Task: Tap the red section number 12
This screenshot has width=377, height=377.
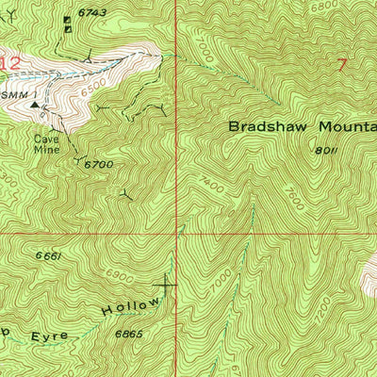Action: tap(9, 63)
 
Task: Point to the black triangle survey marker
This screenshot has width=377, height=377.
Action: tap(36, 107)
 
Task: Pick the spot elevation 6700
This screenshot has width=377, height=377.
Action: tap(98, 165)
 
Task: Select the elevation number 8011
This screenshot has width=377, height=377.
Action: tap(325, 150)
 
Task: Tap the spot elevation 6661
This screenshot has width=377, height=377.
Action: tap(50, 255)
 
